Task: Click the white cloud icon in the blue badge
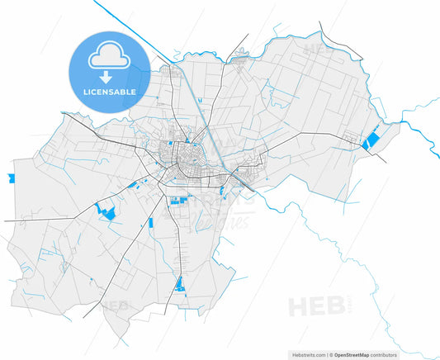107,55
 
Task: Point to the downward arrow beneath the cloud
107,76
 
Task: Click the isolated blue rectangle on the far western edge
12,178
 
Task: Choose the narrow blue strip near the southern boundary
180,285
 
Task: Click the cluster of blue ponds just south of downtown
177,199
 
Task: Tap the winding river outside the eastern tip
421,124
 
